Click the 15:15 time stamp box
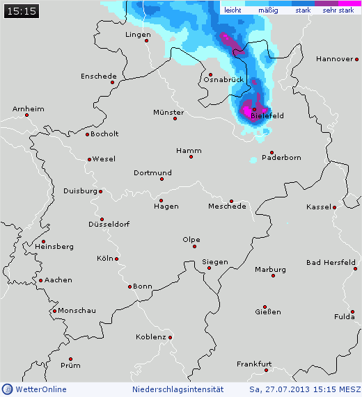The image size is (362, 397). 20,10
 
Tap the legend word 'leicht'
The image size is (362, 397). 233,10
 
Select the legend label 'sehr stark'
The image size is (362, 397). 338,10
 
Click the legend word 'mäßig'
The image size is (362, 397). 268,10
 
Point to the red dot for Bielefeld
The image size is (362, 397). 255,109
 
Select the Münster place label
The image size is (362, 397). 168,112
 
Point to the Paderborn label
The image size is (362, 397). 281,158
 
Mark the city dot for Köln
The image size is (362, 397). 116,259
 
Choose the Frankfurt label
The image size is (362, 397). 253,364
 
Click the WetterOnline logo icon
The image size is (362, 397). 7,389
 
